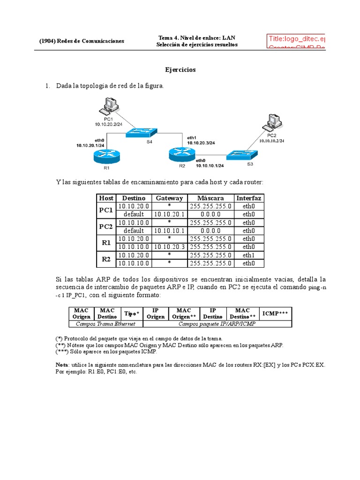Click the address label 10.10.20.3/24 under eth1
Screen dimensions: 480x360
(x=201, y=142)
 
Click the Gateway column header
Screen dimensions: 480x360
(x=169, y=198)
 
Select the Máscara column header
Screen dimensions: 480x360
(x=210, y=198)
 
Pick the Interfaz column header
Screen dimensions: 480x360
(x=249, y=198)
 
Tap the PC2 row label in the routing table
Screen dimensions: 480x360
(x=106, y=226)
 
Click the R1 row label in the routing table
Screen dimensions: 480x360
(x=106, y=243)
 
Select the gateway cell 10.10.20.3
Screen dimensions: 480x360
(x=169, y=247)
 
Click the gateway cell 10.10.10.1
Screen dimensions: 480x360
(x=169, y=231)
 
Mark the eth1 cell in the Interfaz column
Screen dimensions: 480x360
(x=249, y=255)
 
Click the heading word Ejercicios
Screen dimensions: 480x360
(x=180, y=70)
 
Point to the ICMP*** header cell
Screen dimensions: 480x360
(x=275, y=313)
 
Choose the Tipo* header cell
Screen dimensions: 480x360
(x=132, y=313)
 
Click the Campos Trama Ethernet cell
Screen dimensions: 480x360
(x=105, y=323)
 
